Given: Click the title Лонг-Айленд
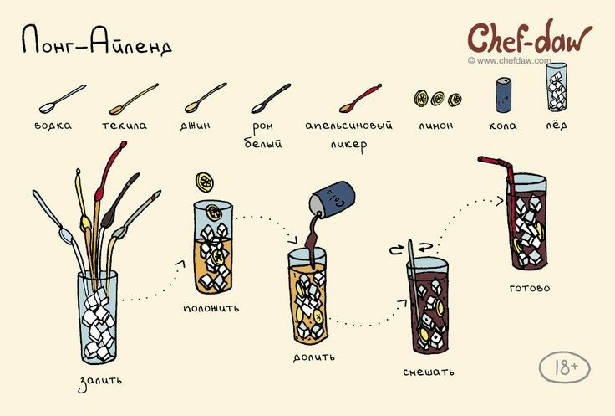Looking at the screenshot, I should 96,42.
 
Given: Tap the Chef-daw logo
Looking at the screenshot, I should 528,38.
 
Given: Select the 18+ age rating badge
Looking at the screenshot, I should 564,367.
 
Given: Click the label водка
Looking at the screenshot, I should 53,126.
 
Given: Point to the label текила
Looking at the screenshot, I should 125,126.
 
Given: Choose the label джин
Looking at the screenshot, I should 195,126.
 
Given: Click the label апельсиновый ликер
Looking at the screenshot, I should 348,134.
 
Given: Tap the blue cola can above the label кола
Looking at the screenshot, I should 504,95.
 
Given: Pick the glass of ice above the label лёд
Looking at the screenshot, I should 557,89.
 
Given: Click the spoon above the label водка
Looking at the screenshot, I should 63,98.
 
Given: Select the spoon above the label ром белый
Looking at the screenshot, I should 271,98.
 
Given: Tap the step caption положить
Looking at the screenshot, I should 211,307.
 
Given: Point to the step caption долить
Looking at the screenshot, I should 314,356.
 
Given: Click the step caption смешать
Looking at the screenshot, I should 429,370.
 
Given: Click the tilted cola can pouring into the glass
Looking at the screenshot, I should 333,198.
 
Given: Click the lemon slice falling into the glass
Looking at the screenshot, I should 205,182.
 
